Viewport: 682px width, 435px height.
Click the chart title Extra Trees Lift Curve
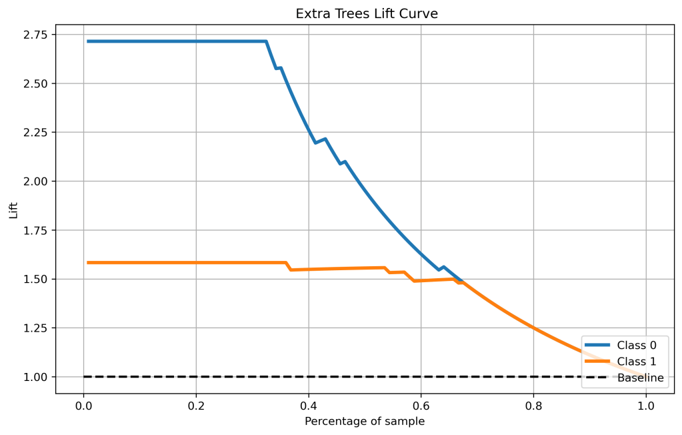(x=367, y=14)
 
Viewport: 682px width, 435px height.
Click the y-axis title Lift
(x=14, y=210)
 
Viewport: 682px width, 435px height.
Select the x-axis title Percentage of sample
(x=365, y=422)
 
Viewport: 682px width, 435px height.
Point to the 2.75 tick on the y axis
(x=37, y=35)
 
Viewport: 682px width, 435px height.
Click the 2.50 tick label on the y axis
(x=37, y=83)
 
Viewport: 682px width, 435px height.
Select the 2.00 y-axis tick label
(x=37, y=181)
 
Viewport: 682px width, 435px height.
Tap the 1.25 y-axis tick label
(x=37, y=328)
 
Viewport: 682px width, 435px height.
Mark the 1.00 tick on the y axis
(x=37, y=377)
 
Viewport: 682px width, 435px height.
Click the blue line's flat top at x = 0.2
(x=196, y=41)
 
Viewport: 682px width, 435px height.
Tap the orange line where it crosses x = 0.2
(x=196, y=262)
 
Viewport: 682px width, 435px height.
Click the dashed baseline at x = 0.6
(x=421, y=377)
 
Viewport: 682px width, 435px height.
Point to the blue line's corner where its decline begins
(x=266, y=41)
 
